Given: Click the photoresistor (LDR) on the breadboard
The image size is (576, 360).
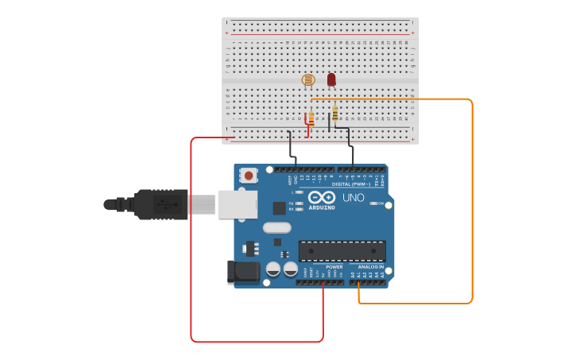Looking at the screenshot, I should pyautogui.click(x=308, y=79).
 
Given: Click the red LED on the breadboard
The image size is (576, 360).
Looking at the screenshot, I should pyautogui.click(x=331, y=79).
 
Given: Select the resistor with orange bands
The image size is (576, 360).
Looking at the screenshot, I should pyautogui.click(x=311, y=119).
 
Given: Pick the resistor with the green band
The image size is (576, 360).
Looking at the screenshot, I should pyautogui.click(x=335, y=113).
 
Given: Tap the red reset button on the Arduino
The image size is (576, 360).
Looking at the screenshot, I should pyautogui.click(x=249, y=175).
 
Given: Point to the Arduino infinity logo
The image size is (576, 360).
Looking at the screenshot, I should pyautogui.click(x=322, y=197).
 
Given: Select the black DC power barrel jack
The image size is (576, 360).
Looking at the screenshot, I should pyautogui.click(x=242, y=272).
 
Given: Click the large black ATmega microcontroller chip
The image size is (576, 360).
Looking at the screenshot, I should pyautogui.click(x=342, y=251).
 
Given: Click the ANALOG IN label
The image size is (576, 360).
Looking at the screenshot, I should pyautogui.click(x=370, y=267).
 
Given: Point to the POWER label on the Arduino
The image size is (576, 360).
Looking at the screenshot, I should pyautogui.click(x=334, y=267).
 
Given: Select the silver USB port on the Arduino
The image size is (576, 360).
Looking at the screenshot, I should pyautogui.click(x=238, y=204).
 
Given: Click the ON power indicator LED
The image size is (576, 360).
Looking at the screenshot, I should pyautogui.click(x=374, y=203).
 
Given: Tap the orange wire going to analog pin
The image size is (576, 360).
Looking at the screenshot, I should pyautogui.click(x=472, y=199).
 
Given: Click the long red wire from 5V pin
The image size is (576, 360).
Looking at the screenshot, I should pyautogui.click(x=191, y=238).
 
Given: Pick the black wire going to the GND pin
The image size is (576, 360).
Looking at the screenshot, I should pyautogui.click(x=290, y=147).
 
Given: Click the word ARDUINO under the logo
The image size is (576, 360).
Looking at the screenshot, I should pyautogui.click(x=322, y=208).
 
